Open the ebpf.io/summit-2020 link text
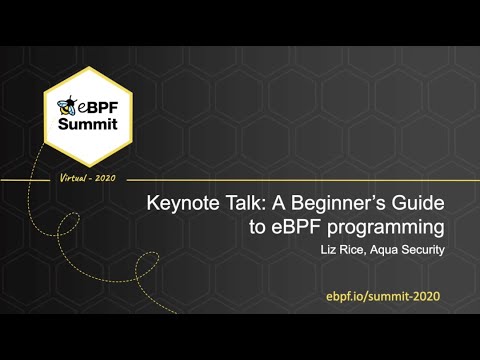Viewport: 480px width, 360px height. tap(382, 297)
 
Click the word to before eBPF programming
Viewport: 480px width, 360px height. tap(262, 227)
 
